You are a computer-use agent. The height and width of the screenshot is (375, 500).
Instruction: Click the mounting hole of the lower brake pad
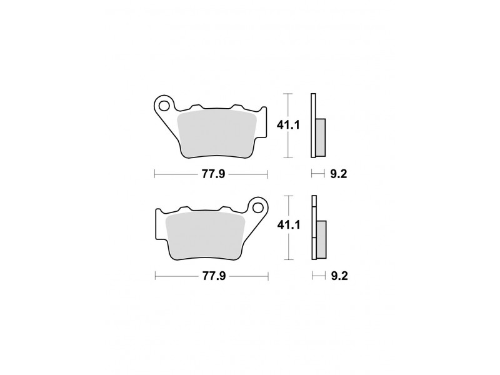[257, 206]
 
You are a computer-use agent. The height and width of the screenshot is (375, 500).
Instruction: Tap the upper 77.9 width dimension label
[211, 174]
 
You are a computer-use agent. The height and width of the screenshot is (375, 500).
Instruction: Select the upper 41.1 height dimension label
[289, 125]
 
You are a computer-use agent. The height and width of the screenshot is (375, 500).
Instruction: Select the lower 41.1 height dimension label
[289, 225]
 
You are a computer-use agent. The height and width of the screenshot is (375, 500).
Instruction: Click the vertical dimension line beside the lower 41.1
[287, 247]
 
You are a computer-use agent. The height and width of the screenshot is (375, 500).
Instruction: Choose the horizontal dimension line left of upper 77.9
[175, 174]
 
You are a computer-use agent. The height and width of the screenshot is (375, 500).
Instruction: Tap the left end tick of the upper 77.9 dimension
[154, 174]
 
